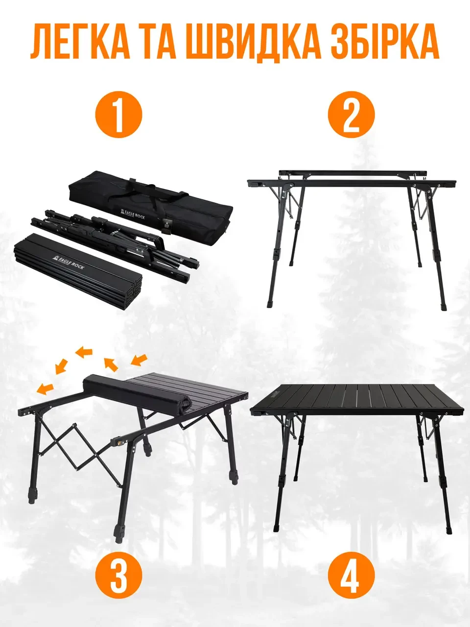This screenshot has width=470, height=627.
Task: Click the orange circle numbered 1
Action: click(118, 115)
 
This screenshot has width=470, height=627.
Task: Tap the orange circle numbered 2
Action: click(351, 115)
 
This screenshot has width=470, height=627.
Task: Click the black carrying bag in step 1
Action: click(151, 207)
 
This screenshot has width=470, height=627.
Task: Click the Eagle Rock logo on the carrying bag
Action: click(132, 214)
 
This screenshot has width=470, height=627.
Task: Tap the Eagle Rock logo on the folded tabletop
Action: click(68, 262)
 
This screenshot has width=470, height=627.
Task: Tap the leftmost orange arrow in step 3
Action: click(45, 387)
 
